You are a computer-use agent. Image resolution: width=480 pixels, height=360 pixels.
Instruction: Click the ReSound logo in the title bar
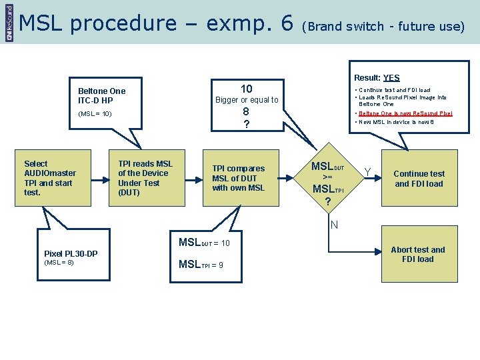(x=9, y=22)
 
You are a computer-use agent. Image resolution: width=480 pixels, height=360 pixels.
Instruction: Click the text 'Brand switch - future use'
(x=383, y=27)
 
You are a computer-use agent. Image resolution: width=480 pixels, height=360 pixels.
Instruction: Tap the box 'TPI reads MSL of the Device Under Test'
(x=145, y=178)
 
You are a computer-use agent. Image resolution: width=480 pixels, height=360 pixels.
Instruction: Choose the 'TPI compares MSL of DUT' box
(x=238, y=178)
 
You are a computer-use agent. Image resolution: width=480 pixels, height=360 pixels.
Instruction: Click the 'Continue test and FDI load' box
(x=419, y=179)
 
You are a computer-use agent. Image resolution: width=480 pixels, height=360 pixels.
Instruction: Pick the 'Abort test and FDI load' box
(x=418, y=255)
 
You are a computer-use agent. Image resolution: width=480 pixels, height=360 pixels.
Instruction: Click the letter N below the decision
(x=334, y=225)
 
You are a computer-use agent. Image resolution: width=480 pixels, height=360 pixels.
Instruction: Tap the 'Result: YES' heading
(x=377, y=78)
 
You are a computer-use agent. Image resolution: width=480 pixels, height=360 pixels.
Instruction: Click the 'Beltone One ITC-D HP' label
(x=101, y=95)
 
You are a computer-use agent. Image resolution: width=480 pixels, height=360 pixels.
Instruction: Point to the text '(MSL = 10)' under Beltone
(x=95, y=114)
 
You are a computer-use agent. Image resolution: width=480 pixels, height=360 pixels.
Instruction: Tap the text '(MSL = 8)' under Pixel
(x=59, y=263)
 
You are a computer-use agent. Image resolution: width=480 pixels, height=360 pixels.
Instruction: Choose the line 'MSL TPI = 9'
(x=201, y=265)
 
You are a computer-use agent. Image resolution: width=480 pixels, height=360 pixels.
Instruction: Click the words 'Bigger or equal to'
(x=247, y=100)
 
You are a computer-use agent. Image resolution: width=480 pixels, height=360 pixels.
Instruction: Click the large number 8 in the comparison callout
(x=246, y=112)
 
